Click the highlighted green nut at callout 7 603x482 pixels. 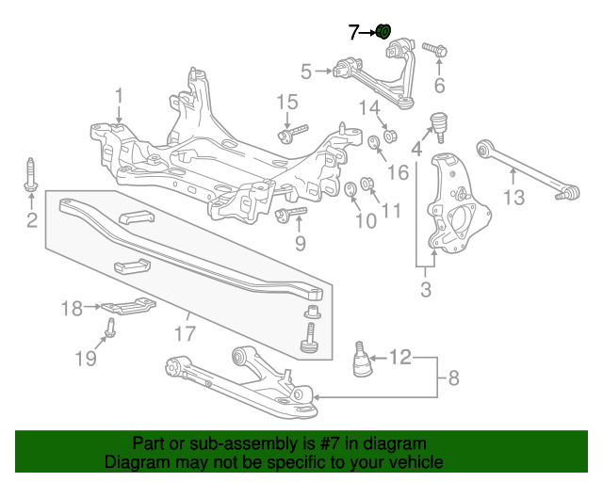[x=384, y=32]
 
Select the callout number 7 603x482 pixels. [x=353, y=34]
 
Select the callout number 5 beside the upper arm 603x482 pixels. [x=306, y=70]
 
